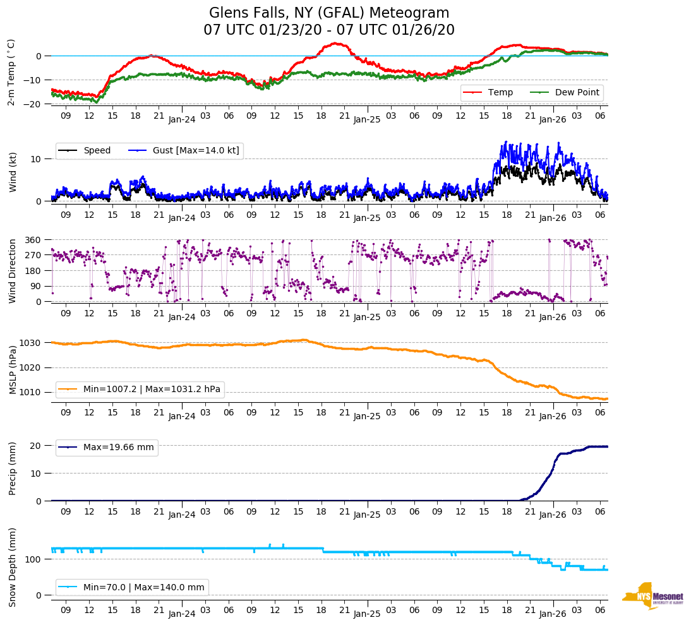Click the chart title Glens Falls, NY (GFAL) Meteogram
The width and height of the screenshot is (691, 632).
pyautogui.click(x=328, y=13)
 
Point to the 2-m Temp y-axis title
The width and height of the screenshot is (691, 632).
pyautogui.click(x=11, y=72)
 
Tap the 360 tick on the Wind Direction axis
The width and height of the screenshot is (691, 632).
pyautogui.click(x=33, y=240)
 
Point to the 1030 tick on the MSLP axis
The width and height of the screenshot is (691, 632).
pyautogui.click(x=32, y=343)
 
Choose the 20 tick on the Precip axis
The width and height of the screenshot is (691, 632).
pyautogui.click(x=37, y=446)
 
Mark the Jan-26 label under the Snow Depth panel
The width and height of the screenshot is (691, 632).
pyautogui.click(x=552, y=614)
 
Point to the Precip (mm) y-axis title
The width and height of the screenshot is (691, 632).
pyautogui.click(x=12, y=468)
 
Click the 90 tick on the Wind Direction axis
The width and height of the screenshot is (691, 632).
pyautogui.click(x=36, y=286)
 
